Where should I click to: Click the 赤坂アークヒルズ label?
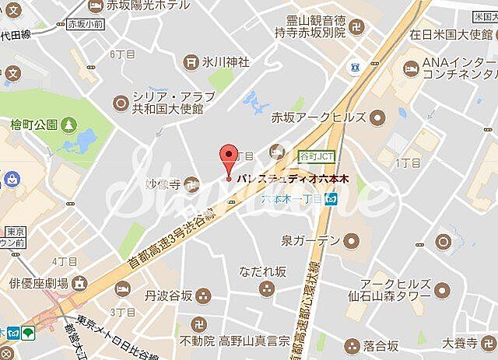click(328, 117)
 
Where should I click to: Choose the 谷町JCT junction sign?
click(316, 156)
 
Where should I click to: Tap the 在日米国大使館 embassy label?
click(452, 33)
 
